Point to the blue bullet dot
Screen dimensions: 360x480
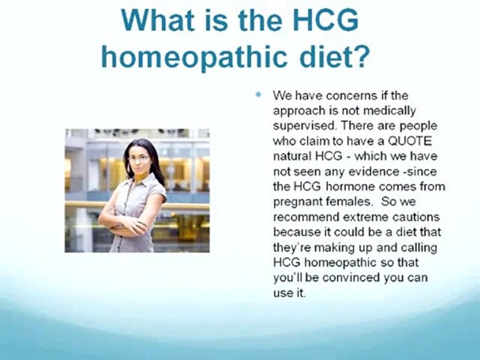pyautogui.click(x=258, y=94)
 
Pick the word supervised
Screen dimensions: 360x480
pyautogui.click(x=299, y=125)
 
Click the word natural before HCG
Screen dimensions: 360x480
pyautogui.click(x=290, y=156)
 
